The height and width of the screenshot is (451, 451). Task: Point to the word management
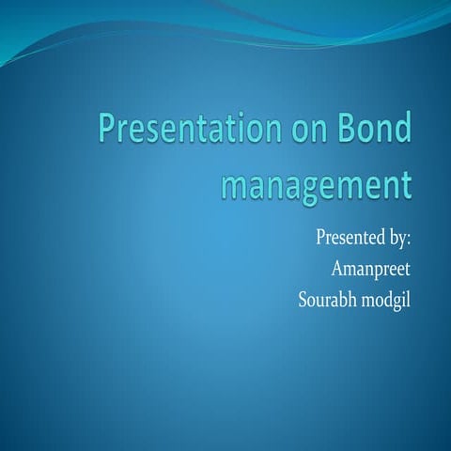(316, 181)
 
